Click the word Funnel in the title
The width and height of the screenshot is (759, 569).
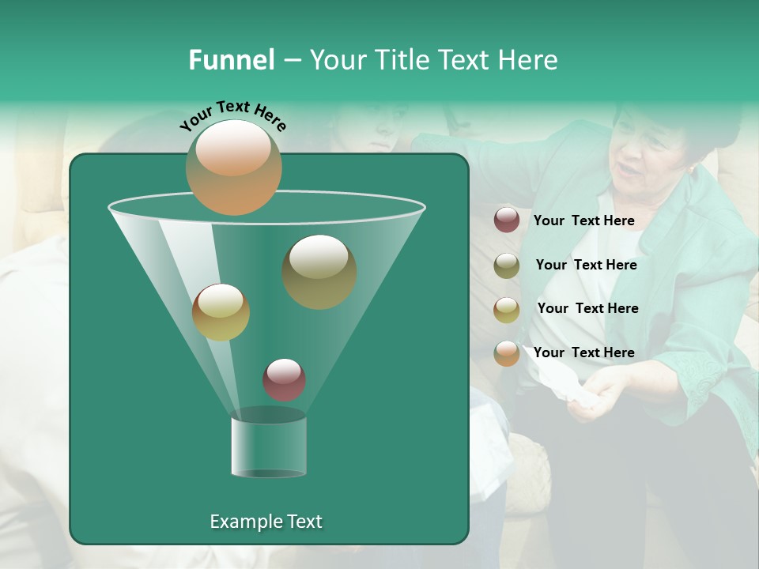tap(231, 60)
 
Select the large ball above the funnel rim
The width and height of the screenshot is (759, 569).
tap(233, 168)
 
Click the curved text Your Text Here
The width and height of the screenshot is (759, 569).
tap(232, 116)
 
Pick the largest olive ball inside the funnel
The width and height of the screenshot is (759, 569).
tap(319, 271)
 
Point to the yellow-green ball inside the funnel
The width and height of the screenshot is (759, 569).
tap(221, 312)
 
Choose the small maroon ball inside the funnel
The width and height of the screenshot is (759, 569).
tap(284, 379)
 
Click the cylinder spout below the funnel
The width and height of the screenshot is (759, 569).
tap(269, 447)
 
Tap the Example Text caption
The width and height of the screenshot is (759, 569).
tap(266, 522)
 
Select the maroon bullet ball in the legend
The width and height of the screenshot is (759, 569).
tap(507, 220)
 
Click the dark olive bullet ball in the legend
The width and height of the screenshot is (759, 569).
tap(507, 266)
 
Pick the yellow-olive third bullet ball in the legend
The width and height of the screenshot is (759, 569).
tap(507, 309)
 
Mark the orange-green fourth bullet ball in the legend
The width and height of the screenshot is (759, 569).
tap(507, 353)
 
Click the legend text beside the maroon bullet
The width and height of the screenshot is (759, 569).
tap(583, 221)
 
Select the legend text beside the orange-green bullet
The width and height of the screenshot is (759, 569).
tap(583, 352)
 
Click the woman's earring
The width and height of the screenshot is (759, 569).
tap(692, 170)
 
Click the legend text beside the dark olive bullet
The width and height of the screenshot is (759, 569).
tap(586, 266)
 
